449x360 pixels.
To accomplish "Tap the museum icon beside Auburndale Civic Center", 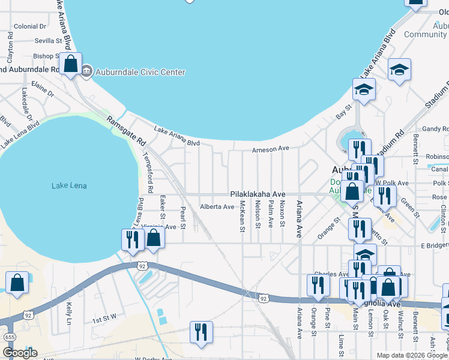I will [87, 72].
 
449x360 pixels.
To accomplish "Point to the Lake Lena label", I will [69, 186].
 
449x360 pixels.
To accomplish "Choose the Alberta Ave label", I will [217, 207].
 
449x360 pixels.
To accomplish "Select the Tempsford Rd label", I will [148, 172].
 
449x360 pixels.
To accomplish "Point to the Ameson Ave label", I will [271, 148].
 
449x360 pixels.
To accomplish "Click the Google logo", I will [20, 353].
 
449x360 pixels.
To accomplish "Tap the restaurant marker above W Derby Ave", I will [200, 332].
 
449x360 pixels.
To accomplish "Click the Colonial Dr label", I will [30, 26].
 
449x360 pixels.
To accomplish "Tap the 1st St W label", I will [104, 321].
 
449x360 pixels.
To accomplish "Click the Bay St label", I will [342, 112].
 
